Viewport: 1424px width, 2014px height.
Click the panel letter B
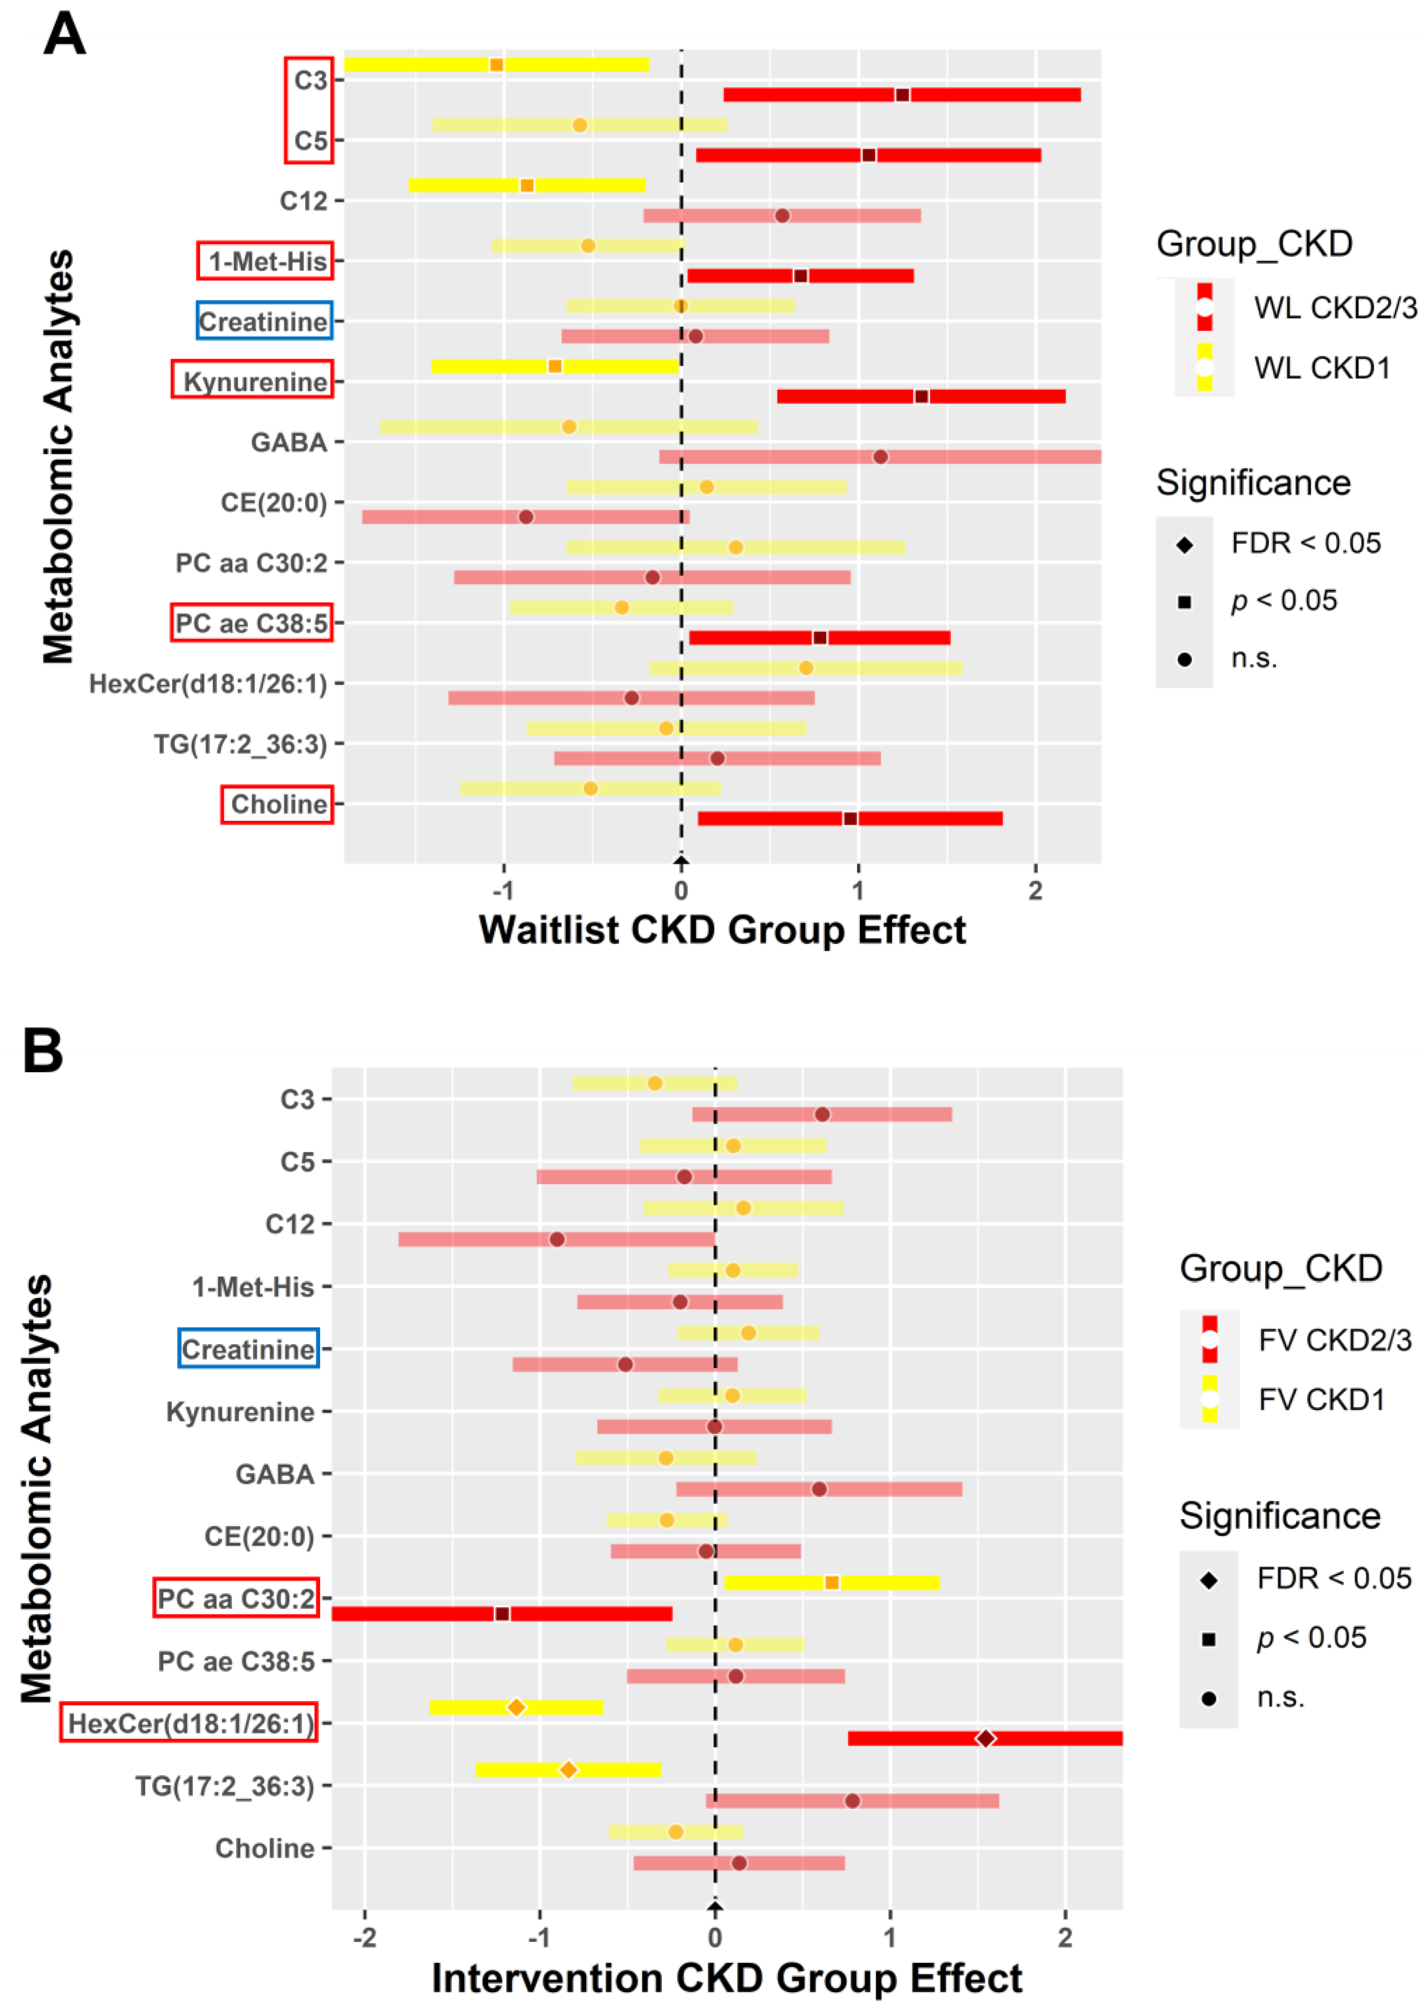43,1050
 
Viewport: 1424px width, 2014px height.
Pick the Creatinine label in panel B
248,1348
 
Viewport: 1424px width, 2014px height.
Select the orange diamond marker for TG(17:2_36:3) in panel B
569,1769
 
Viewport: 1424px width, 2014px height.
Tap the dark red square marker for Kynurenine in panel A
921,396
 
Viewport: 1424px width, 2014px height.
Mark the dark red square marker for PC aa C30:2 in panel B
502,1613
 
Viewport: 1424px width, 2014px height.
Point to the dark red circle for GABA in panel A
880,456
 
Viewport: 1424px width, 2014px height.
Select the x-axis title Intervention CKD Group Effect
726,1978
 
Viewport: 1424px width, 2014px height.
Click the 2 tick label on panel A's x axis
1035,890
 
